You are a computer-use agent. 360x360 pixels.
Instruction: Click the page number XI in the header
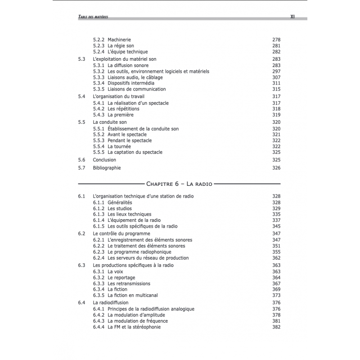click(292, 17)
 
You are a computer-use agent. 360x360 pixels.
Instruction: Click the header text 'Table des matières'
click(93, 17)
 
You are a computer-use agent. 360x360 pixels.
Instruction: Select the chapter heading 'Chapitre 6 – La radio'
click(179, 184)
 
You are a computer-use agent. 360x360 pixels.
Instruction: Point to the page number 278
click(276, 40)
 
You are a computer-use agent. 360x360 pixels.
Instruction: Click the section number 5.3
click(81, 59)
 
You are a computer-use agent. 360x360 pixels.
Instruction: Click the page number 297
click(276, 71)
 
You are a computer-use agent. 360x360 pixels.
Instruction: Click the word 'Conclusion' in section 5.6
click(104, 160)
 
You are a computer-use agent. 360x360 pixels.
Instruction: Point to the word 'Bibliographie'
click(107, 168)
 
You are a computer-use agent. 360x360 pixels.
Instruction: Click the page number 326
click(276, 168)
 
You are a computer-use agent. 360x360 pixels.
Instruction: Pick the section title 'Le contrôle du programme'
click(121, 234)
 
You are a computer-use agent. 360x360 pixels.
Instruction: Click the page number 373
click(276, 296)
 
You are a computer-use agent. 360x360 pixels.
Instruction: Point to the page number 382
click(276, 327)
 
